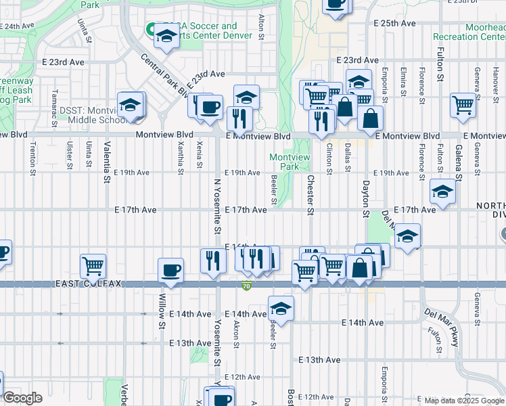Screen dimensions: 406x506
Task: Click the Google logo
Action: tap(22, 398)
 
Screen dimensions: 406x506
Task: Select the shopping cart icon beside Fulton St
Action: tap(463, 105)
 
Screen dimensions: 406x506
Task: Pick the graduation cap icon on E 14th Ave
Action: tap(281, 309)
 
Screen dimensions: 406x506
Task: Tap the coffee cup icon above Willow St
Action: tap(170, 271)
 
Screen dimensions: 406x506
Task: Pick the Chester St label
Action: tap(310, 196)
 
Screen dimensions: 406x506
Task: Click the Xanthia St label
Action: tap(179, 157)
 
